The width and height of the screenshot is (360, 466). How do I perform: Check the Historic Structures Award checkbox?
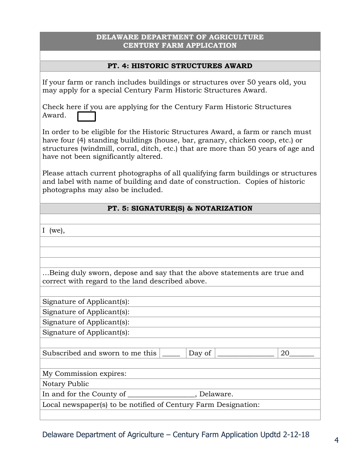(86, 116)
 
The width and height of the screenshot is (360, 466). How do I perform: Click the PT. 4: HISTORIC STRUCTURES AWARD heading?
(180, 66)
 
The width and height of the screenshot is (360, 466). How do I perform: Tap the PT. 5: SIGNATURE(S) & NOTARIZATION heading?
(180, 208)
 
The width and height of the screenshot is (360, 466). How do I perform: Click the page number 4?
(336, 440)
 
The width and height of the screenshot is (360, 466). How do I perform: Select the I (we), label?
(53, 230)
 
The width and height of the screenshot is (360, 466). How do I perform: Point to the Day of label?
(200, 353)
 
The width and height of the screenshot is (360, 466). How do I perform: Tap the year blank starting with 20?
(297, 353)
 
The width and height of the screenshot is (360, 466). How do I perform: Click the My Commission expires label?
(85, 374)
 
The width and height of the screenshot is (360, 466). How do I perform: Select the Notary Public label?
(66, 384)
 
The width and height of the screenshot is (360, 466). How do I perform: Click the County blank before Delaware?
(161, 394)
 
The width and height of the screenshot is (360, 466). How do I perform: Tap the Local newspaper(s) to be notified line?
(151, 405)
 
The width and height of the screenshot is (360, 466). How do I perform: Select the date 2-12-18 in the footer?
(296, 435)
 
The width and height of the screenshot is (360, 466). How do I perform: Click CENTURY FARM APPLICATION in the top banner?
(180, 45)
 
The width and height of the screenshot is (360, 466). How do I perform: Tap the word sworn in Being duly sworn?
(100, 273)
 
